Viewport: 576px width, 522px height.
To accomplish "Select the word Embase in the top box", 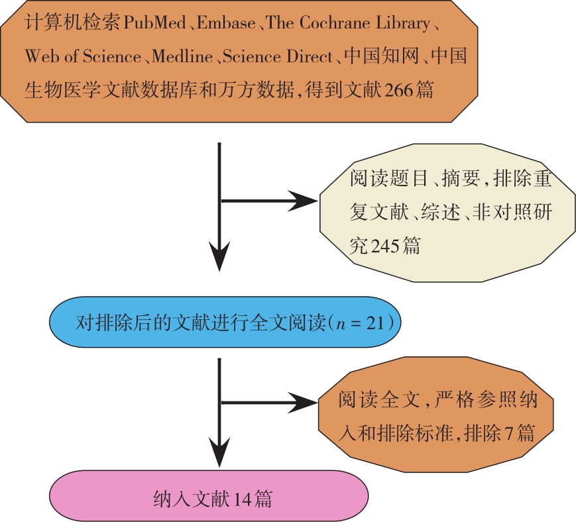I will (x=225, y=23).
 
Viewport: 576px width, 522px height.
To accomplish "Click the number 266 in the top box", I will (x=379, y=89).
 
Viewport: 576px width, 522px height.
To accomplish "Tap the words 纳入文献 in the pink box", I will (x=192, y=498).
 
